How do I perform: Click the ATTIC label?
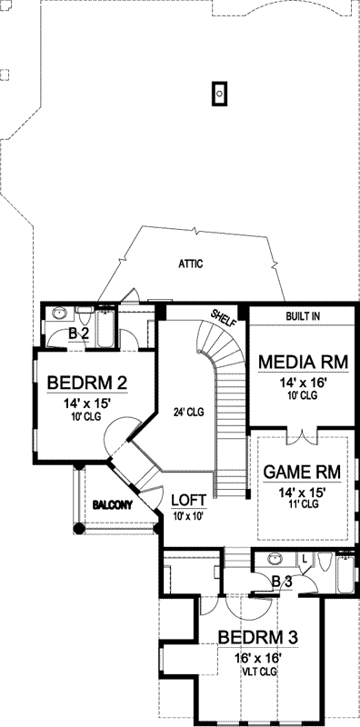190,264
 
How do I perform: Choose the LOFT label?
187,500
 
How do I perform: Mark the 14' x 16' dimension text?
302,383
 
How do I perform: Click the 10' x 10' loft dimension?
187,515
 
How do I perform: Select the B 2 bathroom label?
78,334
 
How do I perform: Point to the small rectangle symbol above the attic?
219,93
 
